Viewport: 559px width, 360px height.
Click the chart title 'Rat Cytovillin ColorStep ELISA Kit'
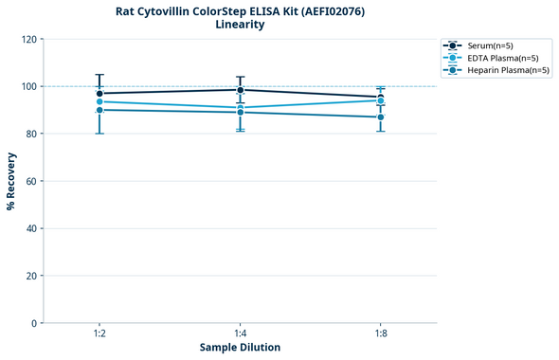coord(240,10)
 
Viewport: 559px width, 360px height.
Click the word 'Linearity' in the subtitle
coord(240,25)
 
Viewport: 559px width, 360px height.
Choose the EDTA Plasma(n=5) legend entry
coord(497,58)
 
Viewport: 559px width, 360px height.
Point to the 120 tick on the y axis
coord(28,39)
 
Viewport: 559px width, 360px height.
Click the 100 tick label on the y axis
coord(28,86)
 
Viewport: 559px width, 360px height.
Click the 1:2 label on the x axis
coord(99,334)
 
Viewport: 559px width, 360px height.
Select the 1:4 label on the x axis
coord(240,334)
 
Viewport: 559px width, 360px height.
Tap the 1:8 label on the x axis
coord(381,334)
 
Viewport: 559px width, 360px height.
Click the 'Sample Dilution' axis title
coord(240,348)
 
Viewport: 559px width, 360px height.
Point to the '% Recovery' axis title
coord(11,181)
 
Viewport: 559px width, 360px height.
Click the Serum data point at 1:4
coord(240,90)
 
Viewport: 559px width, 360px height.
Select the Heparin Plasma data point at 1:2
coord(99,110)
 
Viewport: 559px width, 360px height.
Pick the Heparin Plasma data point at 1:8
coord(381,117)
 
